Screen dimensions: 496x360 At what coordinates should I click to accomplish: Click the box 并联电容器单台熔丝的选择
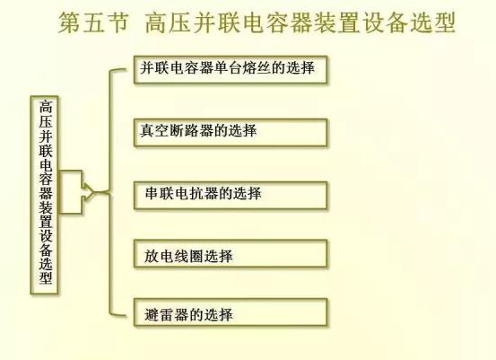pos(231,70)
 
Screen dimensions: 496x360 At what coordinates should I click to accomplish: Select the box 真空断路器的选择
pos(231,132)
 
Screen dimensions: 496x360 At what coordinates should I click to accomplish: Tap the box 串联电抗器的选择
pos(231,195)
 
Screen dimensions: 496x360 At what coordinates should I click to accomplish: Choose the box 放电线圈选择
pos(231,253)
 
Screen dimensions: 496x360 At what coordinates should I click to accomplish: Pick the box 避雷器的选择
pos(231,312)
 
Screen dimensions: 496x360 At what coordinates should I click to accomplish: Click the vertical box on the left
pos(44,195)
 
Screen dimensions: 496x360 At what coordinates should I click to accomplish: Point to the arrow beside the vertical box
pos(77,192)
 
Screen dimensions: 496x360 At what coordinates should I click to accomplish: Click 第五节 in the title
pos(94,22)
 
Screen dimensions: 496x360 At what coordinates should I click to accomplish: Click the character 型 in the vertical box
pos(46,277)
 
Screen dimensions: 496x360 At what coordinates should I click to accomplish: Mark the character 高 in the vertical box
pos(46,107)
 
